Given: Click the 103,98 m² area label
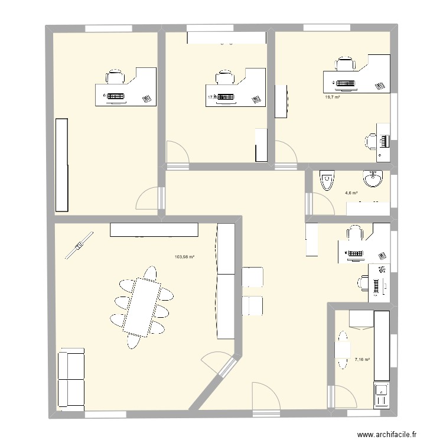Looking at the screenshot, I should pyautogui.click(x=184, y=256).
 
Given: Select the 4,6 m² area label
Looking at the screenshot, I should pyautogui.click(x=351, y=192).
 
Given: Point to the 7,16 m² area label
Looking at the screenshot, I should pyautogui.click(x=362, y=359).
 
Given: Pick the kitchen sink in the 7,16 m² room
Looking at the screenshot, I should pyautogui.click(x=382, y=390).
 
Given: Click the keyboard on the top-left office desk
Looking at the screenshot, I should pyautogui.click(x=116, y=96).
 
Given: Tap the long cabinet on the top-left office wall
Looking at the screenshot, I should pyautogui.click(x=61, y=165).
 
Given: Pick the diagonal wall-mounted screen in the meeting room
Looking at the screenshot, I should pyautogui.click(x=79, y=245).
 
